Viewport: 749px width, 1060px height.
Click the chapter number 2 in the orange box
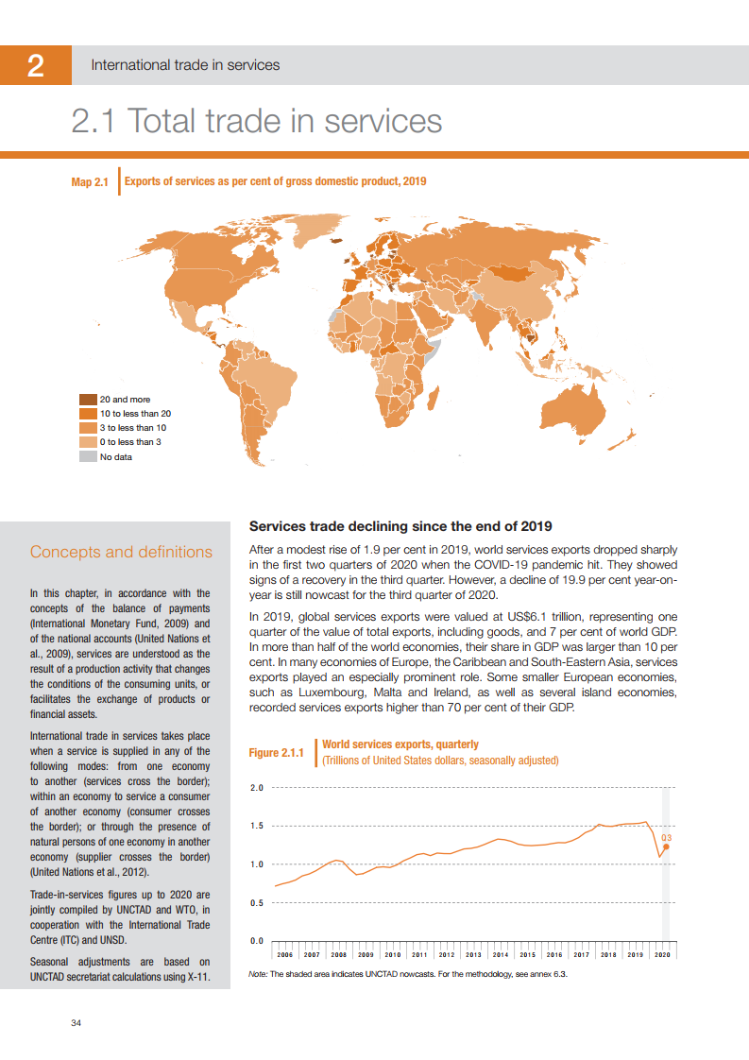click(x=35, y=65)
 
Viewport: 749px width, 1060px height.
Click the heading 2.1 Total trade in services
click(x=257, y=122)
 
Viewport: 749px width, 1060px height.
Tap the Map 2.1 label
click(x=91, y=182)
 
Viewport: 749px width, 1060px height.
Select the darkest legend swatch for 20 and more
click(x=88, y=400)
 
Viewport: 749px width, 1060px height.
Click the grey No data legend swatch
click(x=88, y=457)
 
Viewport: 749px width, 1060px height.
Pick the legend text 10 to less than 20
click(x=135, y=414)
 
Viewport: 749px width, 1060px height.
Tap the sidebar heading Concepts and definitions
click(x=121, y=552)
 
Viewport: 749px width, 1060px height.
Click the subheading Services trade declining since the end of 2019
click(x=400, y=526)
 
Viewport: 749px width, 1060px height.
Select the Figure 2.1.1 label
click(x=276, y=753)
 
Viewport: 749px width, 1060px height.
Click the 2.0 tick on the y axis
click(x=256, y=787)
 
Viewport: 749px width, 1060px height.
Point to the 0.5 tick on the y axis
click(x=256, y=902)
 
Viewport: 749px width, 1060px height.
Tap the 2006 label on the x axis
click(x=285, y=955)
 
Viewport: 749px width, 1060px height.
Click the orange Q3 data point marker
click(x=666, y=846)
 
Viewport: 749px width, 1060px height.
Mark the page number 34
click(x=77, y=1023)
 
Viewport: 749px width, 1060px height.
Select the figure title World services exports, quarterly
click(x=400, y=744)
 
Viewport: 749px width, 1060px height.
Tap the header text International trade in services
click(x=185, y=65)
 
